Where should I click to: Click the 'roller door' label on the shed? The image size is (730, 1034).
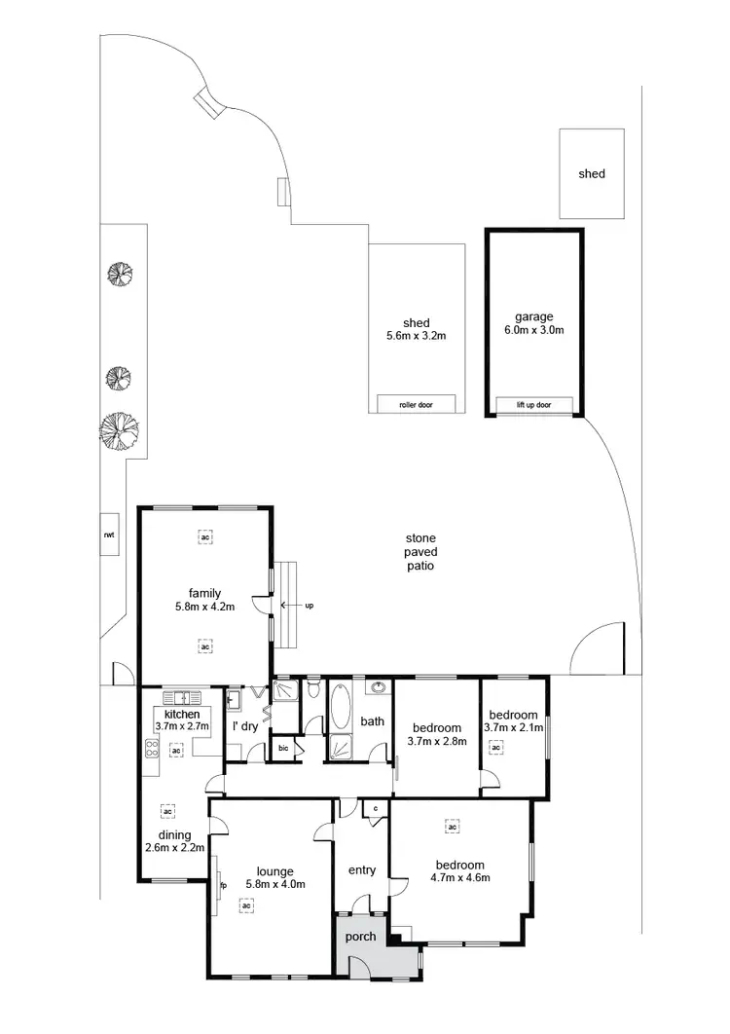click(416, 404)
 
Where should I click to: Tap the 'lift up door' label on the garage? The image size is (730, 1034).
click(533, 404)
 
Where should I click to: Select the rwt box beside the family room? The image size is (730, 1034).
click(110, 535)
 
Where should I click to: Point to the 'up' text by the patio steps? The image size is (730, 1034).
click(310, 605)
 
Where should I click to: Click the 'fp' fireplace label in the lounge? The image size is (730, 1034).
click(223, 886)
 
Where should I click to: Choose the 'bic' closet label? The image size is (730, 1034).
click(283, 749)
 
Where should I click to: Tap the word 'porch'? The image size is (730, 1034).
click(360, 937)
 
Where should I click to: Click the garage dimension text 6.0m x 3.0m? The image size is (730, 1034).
click(534, 330)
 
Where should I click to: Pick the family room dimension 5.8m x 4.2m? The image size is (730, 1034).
click(205, 607)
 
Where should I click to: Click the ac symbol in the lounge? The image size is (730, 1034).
click(247, 905)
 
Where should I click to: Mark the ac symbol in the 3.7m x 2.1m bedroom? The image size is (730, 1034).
click(496, 748)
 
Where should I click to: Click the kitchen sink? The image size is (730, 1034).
click(182, 697)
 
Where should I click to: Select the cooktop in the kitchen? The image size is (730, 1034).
click(152, 749)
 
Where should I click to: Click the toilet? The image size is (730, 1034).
click(311, 690)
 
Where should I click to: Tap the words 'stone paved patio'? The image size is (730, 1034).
click(420, 552)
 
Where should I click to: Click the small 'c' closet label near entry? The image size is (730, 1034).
click(375, 808)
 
